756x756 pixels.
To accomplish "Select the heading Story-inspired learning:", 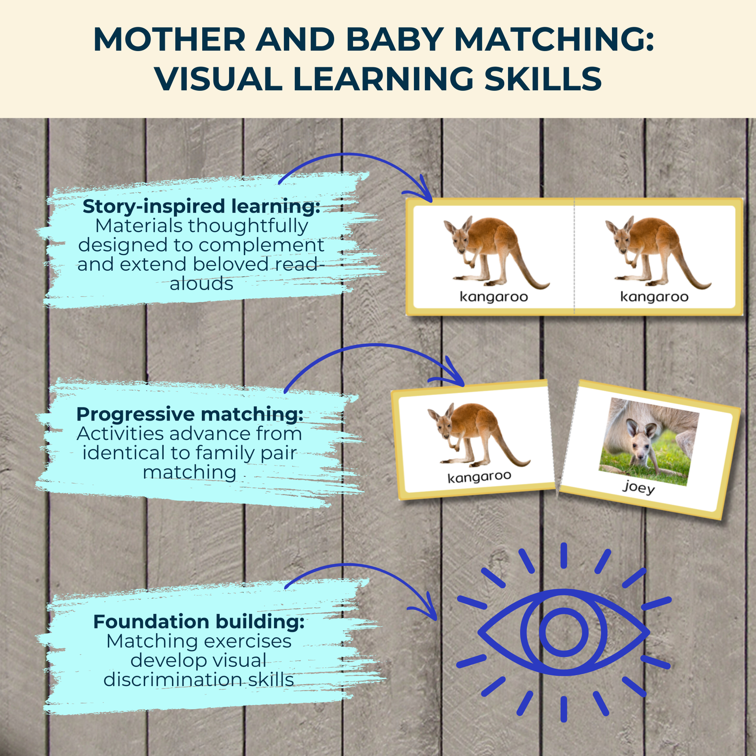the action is [201, 206].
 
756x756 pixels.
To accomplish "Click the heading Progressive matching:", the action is [189, 414].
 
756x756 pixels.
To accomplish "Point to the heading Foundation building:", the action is [199, 621].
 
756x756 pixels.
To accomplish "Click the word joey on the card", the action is [639, 487].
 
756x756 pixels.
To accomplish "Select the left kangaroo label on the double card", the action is [494, 297].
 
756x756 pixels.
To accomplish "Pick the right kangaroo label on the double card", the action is [654, 297].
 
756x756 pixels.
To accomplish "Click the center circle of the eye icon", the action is [564, 632].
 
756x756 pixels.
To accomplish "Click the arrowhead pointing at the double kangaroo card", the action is [421, 192].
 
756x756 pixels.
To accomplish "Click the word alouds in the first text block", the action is [201, 283].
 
